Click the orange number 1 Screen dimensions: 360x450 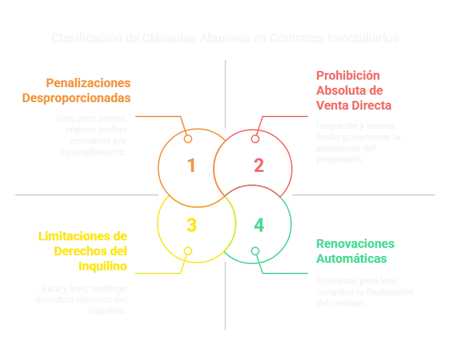191,166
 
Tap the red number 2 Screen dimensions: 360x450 258,166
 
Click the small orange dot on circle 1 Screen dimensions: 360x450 187,138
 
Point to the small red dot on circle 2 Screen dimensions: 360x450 254,138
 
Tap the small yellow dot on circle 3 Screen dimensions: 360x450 187,252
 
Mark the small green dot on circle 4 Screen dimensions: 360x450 254,251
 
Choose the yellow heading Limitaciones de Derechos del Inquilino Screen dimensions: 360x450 83,251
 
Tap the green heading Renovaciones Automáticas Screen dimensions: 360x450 355,250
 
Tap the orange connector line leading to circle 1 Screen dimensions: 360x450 159,116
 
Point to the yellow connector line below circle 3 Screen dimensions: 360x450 159,272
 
